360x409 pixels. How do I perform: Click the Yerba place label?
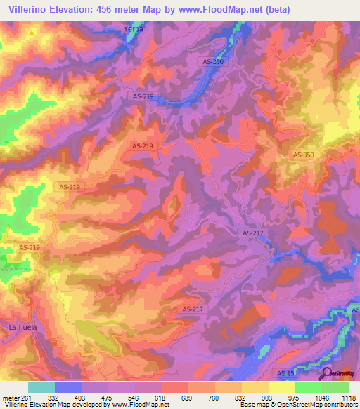click(133, 29)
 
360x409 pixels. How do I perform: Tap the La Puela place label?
click(22, 328)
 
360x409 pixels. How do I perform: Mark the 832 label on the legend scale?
click(240, 398)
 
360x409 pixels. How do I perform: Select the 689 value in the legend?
click(188, 398)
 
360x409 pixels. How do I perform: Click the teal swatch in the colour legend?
click(41, 387)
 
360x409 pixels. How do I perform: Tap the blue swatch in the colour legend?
click(68, 387)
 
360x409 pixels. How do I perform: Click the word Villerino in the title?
click(30, 10)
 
